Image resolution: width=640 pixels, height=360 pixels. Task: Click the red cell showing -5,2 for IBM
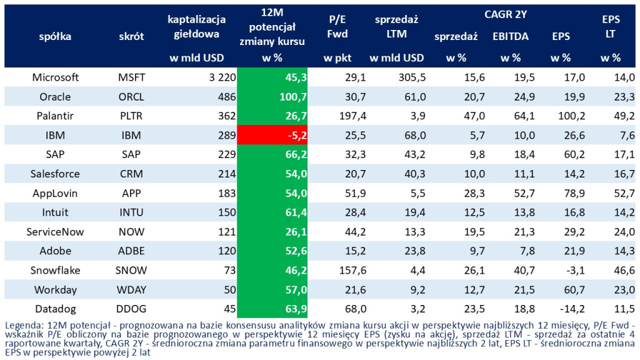(x=272, y=135)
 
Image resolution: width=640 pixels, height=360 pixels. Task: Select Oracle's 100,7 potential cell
(x=272, y=97)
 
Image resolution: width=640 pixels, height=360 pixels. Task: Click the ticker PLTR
(x=131, y=116)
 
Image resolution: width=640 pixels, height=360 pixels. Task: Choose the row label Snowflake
(x=56, y=270)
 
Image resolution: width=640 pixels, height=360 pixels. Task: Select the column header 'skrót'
(x=131, y=36)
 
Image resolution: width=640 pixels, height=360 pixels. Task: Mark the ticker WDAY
(x=131, y=289)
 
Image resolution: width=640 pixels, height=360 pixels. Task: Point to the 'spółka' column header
(x=56, y=36)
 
